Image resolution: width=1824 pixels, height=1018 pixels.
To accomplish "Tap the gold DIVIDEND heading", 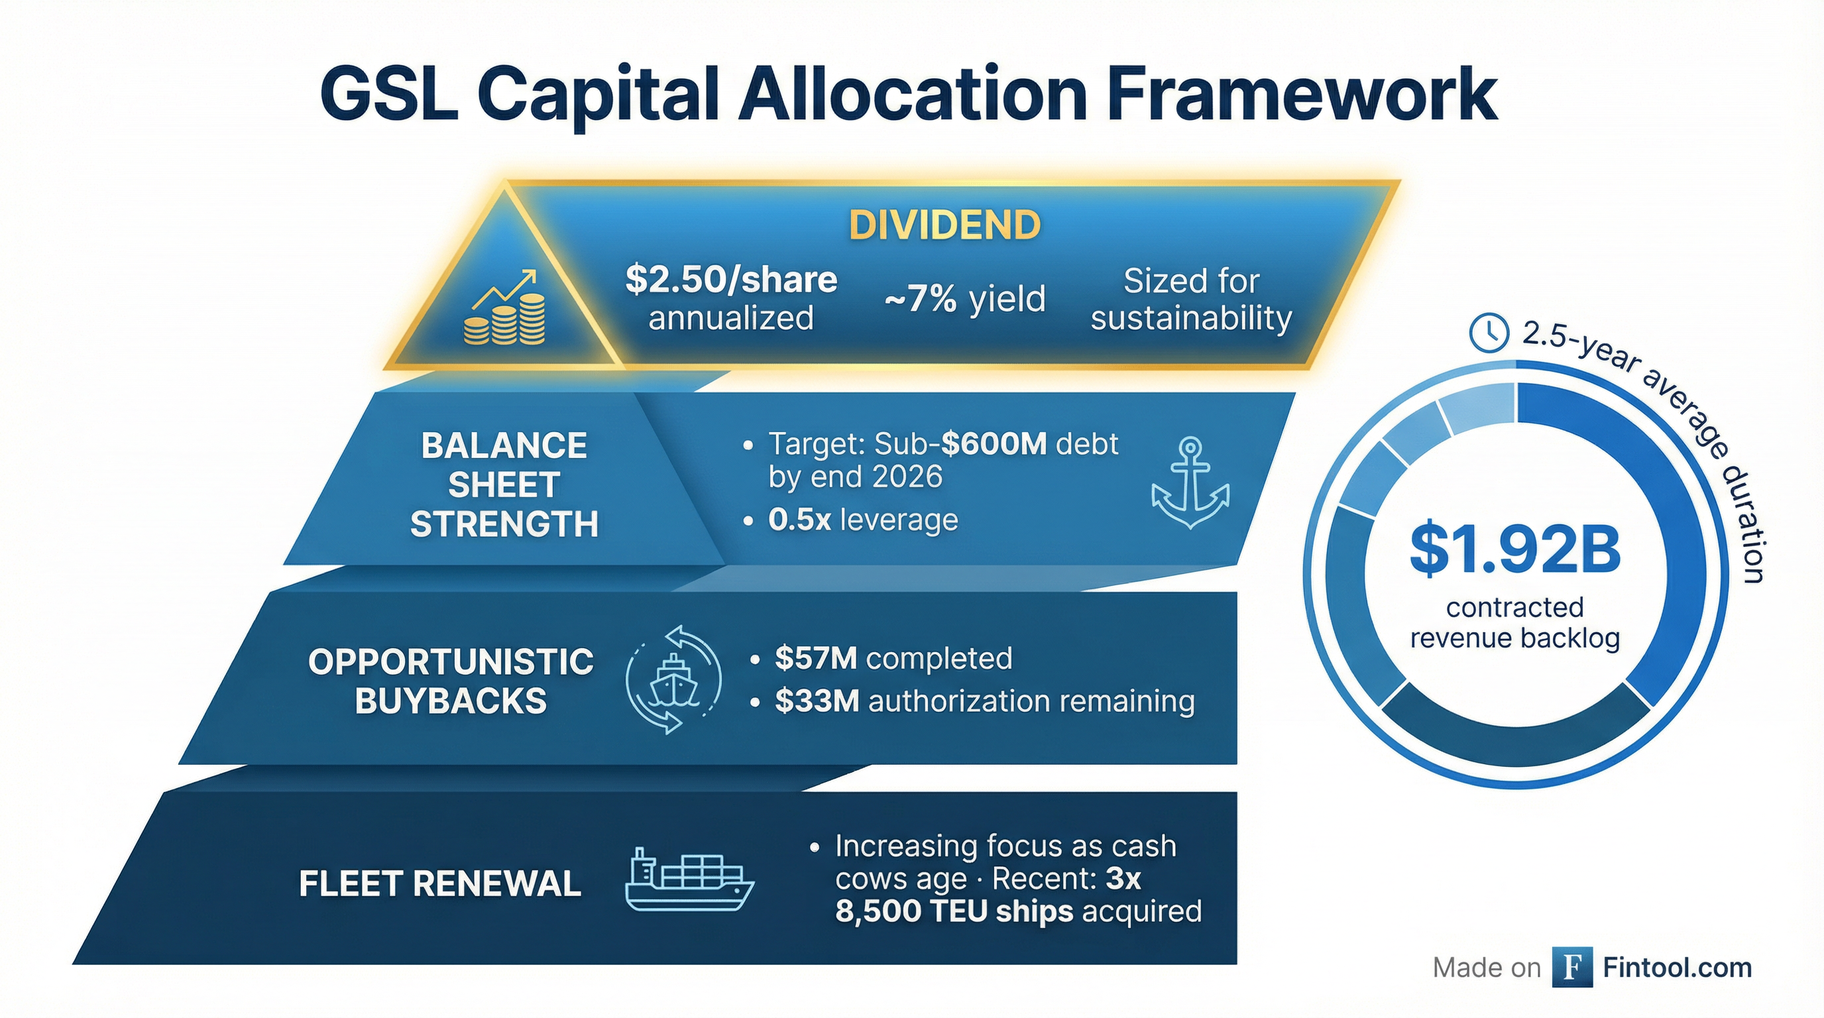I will pyautogui.click(x=944, y=225).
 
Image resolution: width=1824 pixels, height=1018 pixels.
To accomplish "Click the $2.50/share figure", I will pyautogui.click(x=731, y=280).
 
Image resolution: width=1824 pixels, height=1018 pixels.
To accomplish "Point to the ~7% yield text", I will pyautogui.click(x=964, y=299).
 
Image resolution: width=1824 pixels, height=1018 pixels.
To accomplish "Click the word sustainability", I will pyautogui.click(x=1191, y=318).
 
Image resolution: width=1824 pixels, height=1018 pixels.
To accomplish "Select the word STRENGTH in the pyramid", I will pyautogui.click(x=504, y=524).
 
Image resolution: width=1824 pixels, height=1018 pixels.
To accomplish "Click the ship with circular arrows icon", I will pyautogui.click(x=673, y=679).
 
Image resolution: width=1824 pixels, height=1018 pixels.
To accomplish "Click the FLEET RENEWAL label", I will pyautogui.click(x=439, y=883).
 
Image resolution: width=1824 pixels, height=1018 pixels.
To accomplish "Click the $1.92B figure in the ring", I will pyautogui.click(x=1515, y=550).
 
